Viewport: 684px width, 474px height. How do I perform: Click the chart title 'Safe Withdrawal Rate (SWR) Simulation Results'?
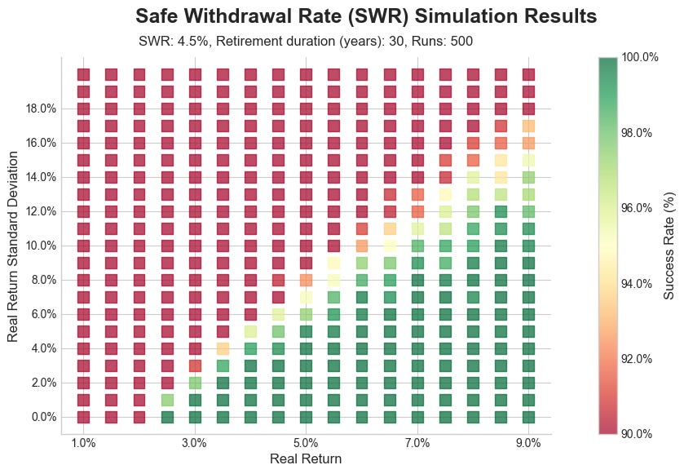click(x=365, y=16)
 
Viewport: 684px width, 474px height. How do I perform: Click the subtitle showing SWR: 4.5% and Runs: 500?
click(x=306, y=41)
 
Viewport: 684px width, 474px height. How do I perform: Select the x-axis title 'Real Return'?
click(x=306, y=458)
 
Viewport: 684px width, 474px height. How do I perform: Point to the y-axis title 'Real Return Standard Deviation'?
click(x=13, y=246)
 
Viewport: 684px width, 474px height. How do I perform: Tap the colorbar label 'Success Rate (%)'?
click(x=669, y=246)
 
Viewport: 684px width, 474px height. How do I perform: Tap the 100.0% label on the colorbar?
click(x=639, y=57)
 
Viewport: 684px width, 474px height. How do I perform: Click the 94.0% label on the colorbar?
click(x=637, y=284)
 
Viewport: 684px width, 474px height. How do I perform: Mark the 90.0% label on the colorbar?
click(x=637, y=434)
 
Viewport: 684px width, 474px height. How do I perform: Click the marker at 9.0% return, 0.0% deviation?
click(x=528, y=417)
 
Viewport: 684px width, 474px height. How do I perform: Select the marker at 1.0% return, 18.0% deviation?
click(x=84, y=109)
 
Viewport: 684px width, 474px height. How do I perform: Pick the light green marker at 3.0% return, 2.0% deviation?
click(x=195, y=383)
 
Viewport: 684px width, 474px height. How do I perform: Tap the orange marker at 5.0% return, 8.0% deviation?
click(x=306, y=280)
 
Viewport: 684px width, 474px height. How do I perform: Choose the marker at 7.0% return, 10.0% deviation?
click(x=417, y=246)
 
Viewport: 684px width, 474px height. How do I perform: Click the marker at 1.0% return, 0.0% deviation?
click(x=84, y=417)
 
